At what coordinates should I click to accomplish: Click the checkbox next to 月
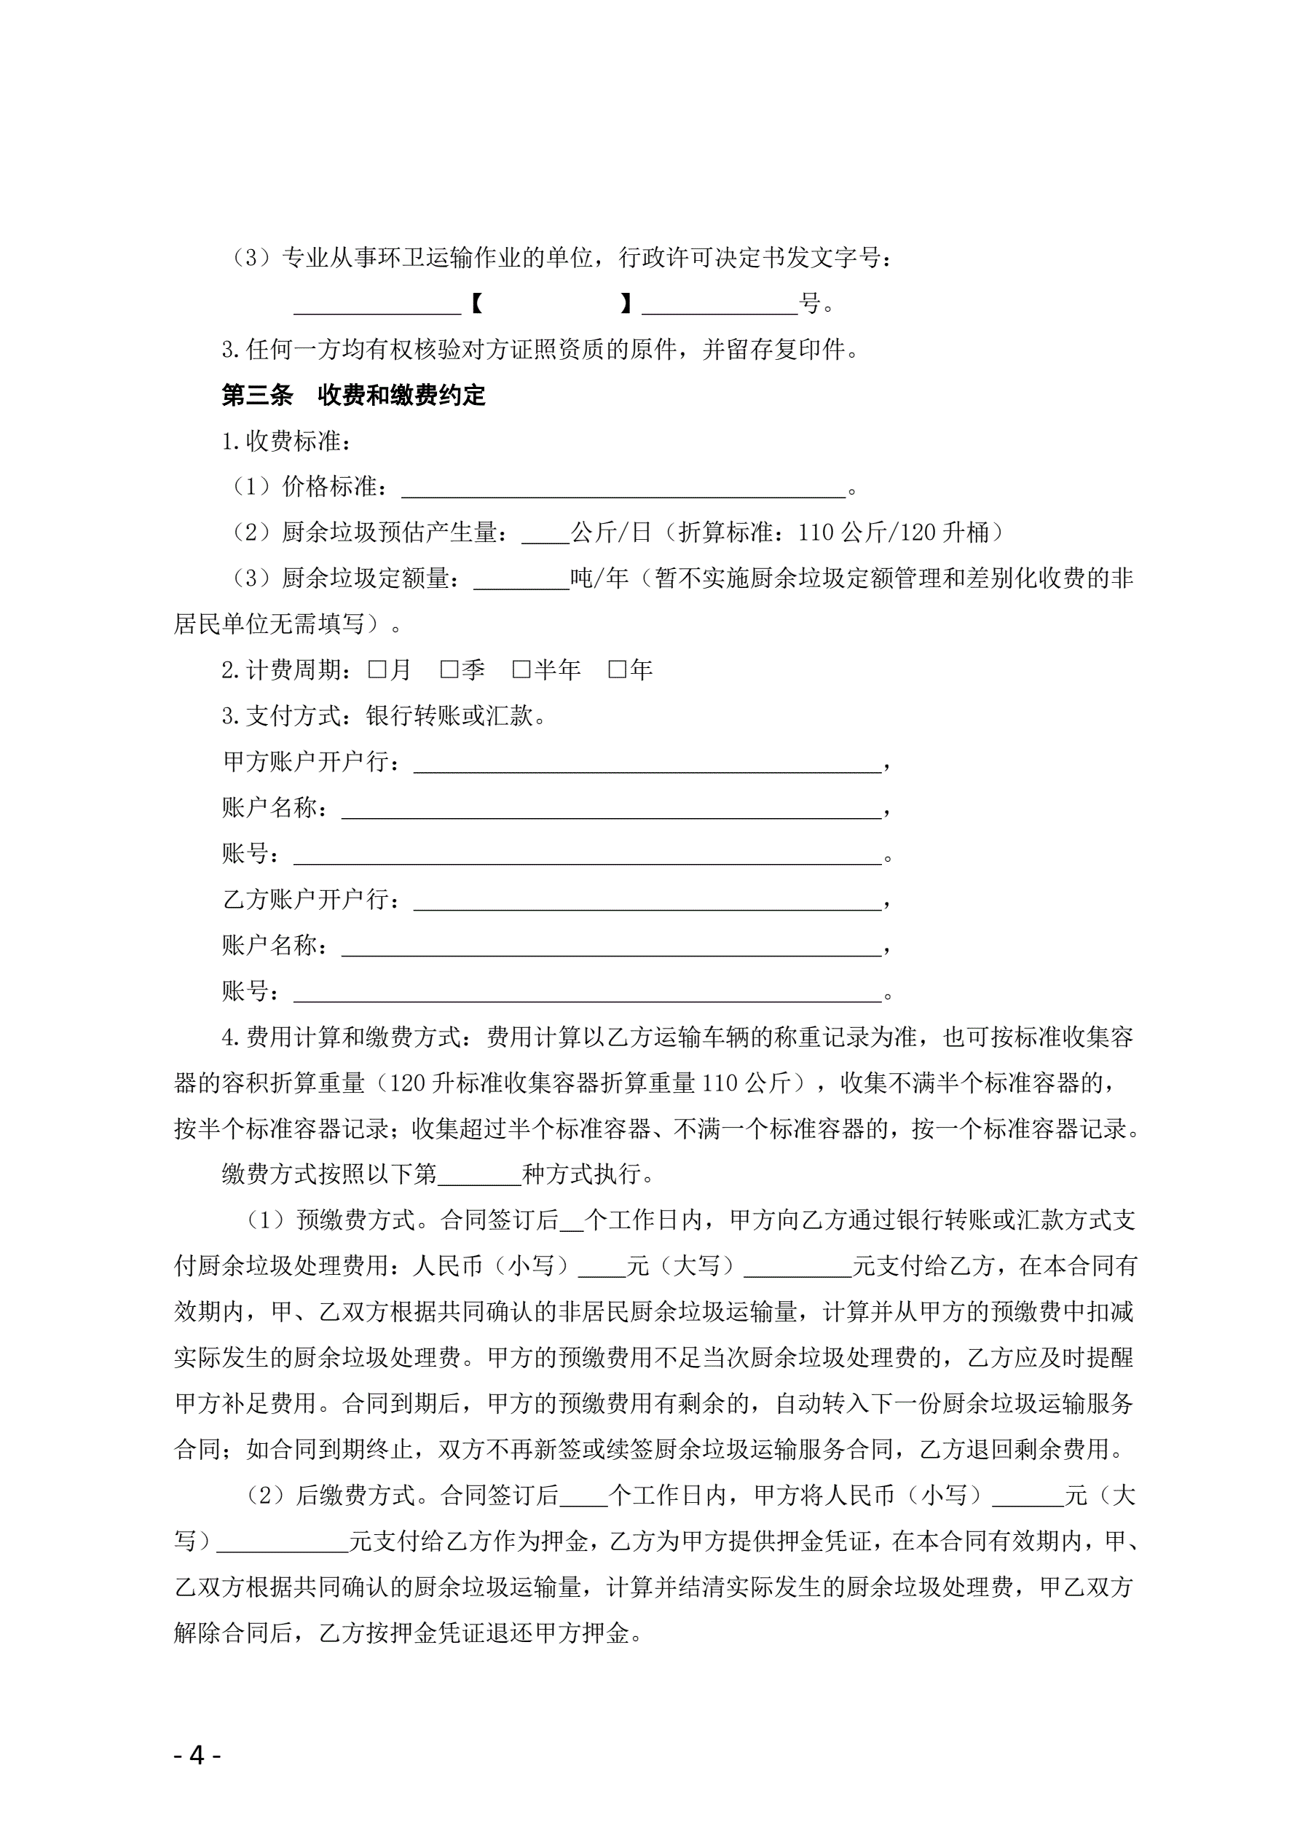[x=377, y=669]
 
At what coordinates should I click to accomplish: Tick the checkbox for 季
[x=449, y=669]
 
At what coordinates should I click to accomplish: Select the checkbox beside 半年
[x=521, y=669]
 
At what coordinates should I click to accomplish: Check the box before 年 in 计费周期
[x=616, y=669]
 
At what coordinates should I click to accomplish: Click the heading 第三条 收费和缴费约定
[x=353, y=395]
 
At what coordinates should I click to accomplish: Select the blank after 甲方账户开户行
[x=647, y=762]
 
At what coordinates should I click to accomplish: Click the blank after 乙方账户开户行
[x=647, y=900]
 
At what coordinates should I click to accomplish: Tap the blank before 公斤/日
[x=545, y=533]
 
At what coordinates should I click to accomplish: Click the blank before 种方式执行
[x=478, y=1175]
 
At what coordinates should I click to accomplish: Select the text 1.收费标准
[x=285, y=441]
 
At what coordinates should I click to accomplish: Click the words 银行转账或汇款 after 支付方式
[x=449, y=715]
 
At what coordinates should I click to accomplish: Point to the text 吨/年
[x=599, y=578]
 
